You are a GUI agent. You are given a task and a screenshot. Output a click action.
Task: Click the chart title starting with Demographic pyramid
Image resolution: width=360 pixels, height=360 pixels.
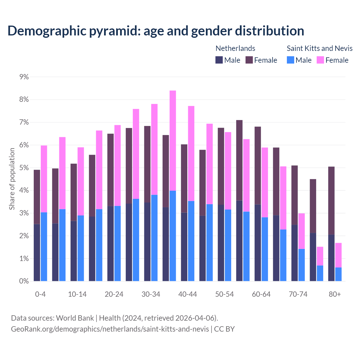coord(156,31)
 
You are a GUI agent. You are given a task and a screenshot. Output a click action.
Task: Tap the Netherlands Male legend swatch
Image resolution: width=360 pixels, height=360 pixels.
coord(219,60)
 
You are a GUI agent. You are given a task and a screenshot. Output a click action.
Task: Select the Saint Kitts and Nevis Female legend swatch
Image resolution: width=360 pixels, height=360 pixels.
coord(320,60)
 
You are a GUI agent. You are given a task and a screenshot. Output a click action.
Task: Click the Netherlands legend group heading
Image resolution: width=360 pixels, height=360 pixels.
coord(235,48)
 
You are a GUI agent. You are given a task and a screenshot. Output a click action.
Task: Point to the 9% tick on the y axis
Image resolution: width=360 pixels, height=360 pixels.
coord(24,77)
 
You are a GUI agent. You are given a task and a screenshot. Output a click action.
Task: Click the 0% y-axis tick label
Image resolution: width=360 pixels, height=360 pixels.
coord(24,281)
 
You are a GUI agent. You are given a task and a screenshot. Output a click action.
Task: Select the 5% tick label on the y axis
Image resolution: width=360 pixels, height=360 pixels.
coord(24,168)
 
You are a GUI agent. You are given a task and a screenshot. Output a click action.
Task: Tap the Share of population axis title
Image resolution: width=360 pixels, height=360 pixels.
coord(12,179)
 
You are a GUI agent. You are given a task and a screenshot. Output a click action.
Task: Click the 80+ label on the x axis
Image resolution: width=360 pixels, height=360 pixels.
coord(335,294)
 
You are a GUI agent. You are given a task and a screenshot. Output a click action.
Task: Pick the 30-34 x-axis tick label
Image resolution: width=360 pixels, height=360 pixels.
coord(151,294)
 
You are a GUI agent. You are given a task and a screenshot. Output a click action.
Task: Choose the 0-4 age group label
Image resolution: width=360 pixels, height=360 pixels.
coord(40,294)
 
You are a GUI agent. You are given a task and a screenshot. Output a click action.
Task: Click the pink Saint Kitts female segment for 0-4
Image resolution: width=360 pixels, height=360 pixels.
coord(44,179)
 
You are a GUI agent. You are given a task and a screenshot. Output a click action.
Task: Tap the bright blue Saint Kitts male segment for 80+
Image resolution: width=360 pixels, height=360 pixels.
coord(338,274)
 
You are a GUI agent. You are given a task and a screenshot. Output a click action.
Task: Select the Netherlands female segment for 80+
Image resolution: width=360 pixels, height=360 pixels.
coord(331,200)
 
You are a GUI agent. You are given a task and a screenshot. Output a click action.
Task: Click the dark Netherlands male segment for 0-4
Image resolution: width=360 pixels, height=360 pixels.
coord(37,253)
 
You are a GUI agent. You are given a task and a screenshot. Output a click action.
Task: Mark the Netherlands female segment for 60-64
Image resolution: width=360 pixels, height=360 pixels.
coord(258,165)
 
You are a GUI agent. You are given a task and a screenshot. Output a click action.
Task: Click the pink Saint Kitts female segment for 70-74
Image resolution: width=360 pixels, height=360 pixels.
coord(301,231)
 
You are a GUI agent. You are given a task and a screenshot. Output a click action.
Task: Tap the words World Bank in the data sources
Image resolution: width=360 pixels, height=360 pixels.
coord(75,318)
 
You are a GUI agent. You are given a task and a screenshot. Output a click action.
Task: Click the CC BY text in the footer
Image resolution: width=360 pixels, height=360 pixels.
coord(224,329)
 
